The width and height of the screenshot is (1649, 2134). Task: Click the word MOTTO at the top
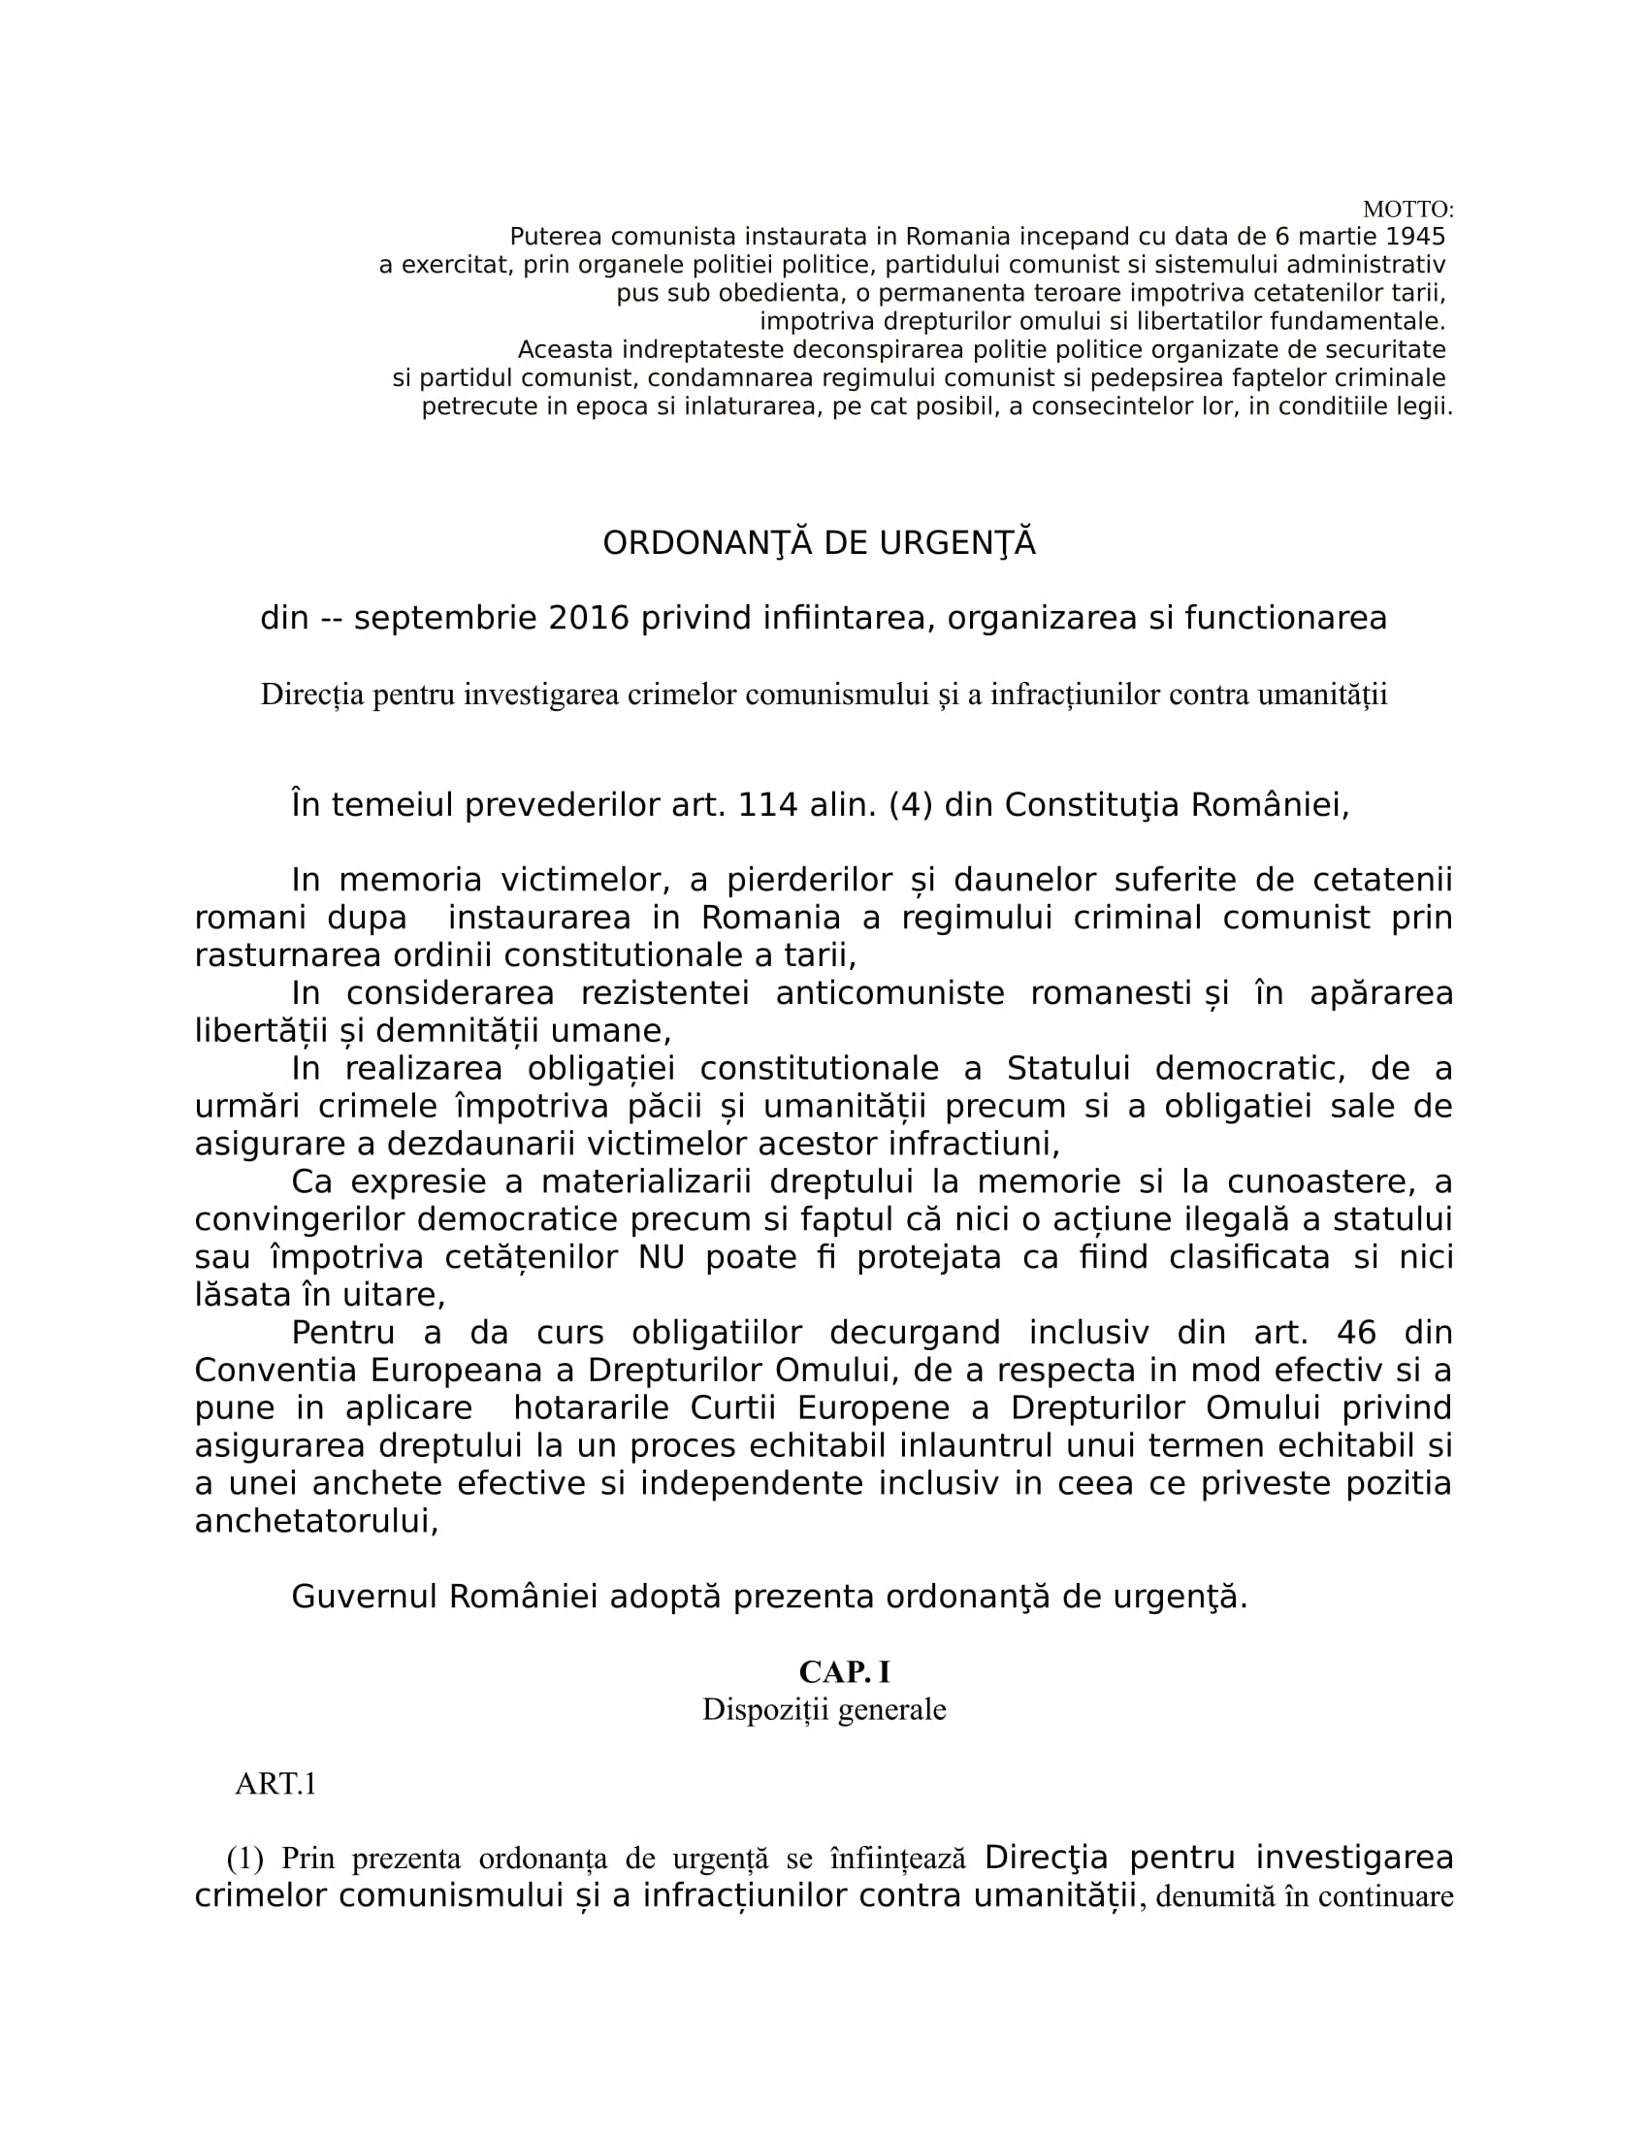[x=1406, y=210]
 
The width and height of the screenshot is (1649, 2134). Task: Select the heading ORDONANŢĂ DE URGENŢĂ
[x=819, y=543]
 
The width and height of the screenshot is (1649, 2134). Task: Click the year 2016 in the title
[x=588, y=619]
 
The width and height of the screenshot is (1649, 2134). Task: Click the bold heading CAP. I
[x=844, y=1672]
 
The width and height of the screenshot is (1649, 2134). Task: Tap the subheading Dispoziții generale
[x=824, y=1710]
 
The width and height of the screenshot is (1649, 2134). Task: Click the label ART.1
[x=275, y=1785]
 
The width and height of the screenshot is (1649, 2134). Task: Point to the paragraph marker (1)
[x=245, y=1859]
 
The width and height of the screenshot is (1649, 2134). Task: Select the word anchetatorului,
[x=316, y=1521]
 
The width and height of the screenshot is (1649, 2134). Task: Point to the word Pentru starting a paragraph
[x=342, y=1333]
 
